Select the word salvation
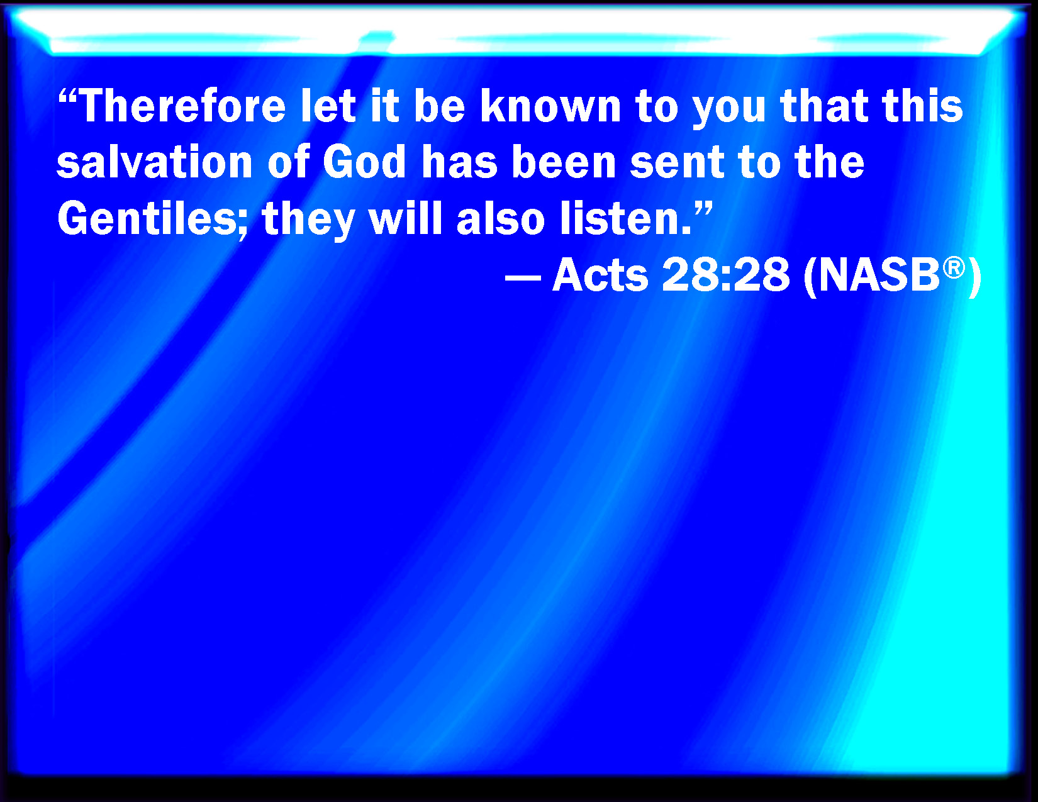click(154, 162)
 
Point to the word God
click(364, 162)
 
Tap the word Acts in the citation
click(600, 275)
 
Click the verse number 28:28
click(725, 275)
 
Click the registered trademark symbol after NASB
click(954, 267)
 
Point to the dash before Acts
click(522, 277)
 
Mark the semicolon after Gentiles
click(243, 225)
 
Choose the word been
click(564, 162)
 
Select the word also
click(500, 219)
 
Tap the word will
click(406, 219)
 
